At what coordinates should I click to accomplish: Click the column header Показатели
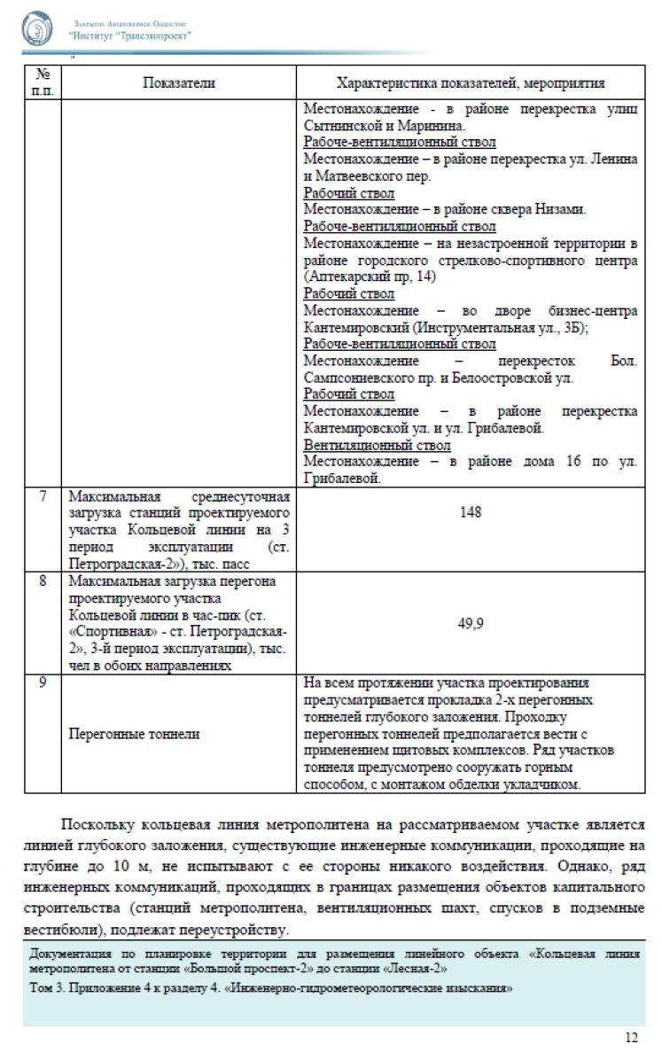coord(179,83)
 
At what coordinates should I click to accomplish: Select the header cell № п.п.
coord(43,83)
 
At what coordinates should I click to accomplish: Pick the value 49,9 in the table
coord(470,623)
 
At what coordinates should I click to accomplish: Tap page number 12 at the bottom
coord(631,1038)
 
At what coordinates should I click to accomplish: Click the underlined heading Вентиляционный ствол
coord(377,445)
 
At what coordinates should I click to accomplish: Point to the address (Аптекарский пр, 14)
coord(365,277)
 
